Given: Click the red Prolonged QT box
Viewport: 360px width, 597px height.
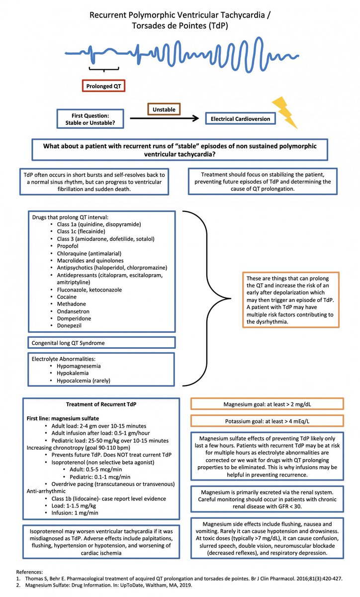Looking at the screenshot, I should click(103, 86).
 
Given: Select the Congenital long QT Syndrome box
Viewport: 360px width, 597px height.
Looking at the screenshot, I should click(101, 343).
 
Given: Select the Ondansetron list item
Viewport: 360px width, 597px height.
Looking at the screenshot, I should click(70, 311).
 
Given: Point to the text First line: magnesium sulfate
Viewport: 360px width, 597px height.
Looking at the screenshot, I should click(62, 419).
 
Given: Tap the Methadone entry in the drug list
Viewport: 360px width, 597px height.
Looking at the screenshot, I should click(68, 304).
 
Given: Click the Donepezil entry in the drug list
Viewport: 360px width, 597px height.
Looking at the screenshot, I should click(67, 325).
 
